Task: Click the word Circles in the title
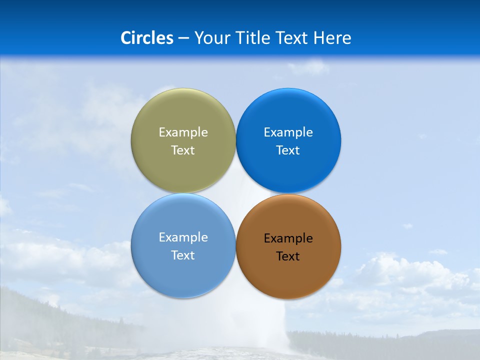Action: click(147, 38)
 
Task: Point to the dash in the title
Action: click(183, 38)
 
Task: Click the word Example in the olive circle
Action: click(183, 132)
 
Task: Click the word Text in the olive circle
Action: click(183, 150)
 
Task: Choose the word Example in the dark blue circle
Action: click(288, 132)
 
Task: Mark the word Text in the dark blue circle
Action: click(288, 150)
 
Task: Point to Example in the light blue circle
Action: click(183, 237)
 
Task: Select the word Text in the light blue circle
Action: click(183, 255)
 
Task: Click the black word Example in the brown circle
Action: click(288, 238)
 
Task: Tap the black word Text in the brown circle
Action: click(288, 256)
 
